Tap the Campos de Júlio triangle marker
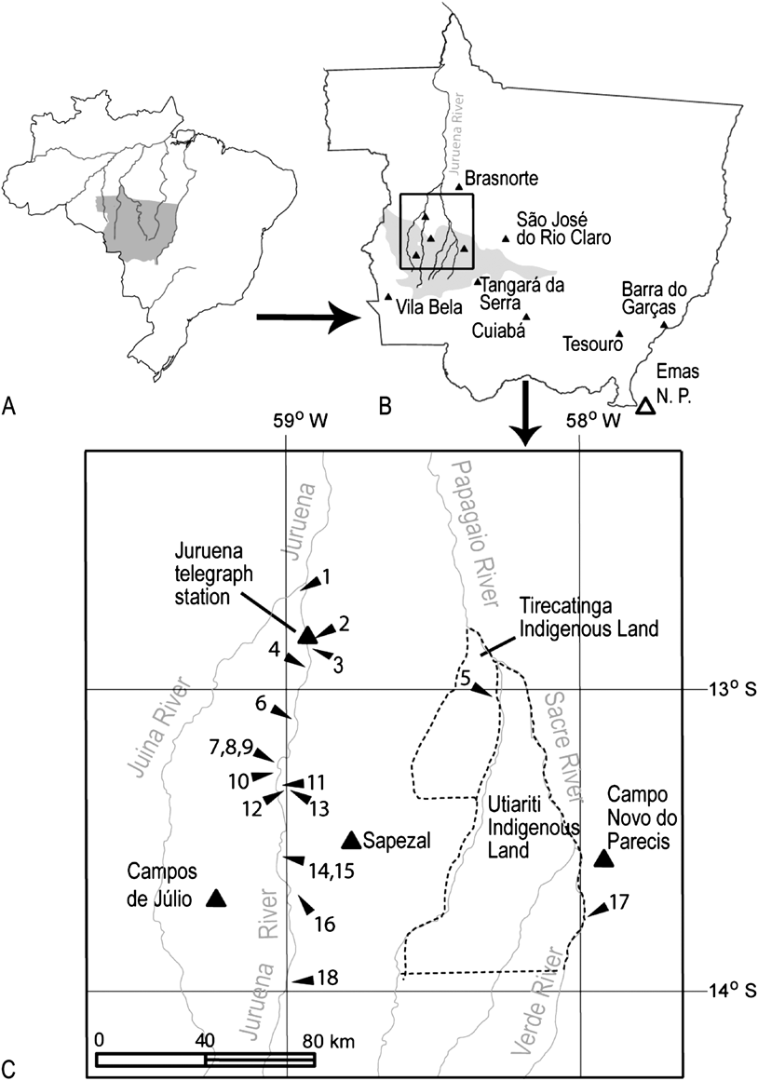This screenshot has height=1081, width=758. (216, 898)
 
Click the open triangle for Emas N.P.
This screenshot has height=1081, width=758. (644, 406)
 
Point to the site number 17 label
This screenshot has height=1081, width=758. (619, 901)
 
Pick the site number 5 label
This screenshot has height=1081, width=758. (464, 679)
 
